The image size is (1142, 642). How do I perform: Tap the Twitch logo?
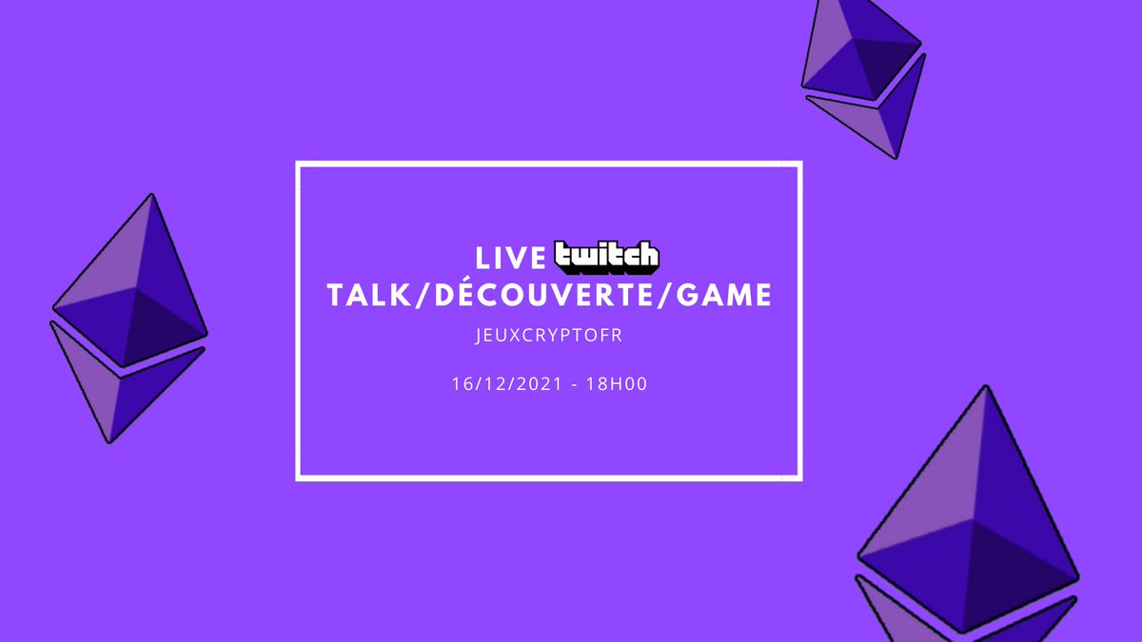(606, 256)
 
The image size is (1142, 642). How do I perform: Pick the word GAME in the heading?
(727, 296)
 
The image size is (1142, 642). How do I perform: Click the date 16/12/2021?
(507, 386)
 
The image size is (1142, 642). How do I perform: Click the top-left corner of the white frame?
(299, 165)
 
